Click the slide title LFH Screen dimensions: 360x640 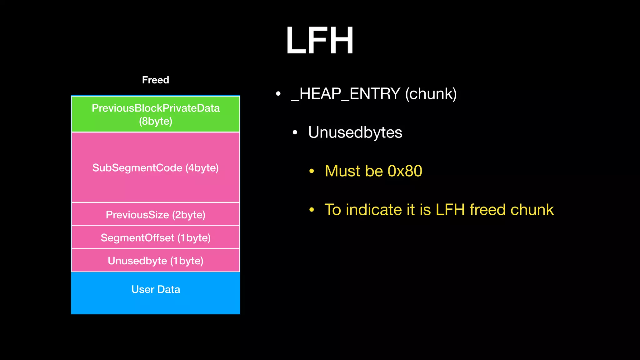tap(319, 41)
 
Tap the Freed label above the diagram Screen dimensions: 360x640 tap(155, 80)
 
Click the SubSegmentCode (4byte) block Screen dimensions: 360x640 tap(156, 167)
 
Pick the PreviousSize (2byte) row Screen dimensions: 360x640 tap(156, 215)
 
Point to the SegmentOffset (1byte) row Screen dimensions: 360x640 tap(156, 238)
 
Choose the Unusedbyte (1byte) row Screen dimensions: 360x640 tap(156, 261)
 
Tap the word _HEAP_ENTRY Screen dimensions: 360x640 tap(346, 94)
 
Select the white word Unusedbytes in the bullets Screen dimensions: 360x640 tap(355, 132)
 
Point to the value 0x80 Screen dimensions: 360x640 tap(405, 171)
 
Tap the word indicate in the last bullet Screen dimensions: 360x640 tap(374, 210)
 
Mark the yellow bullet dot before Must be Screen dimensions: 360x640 tap(312, 171)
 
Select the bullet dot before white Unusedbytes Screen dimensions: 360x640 tap(295, 132)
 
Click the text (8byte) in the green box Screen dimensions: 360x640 tap(156, 121)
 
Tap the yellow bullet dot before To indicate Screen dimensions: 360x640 tap(312, 210)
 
